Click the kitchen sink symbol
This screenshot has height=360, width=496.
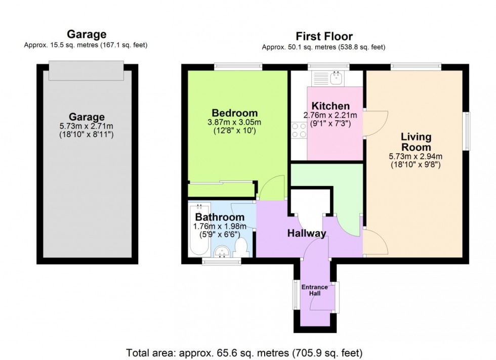(328, 78)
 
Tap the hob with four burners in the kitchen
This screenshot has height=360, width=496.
(298, 130)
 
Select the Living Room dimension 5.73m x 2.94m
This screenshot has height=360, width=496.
(416, 156)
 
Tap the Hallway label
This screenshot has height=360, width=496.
(307, 233)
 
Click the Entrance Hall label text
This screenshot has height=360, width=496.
(314, 291)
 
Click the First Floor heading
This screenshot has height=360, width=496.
(324, 36)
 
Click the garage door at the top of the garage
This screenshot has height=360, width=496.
(86, 71)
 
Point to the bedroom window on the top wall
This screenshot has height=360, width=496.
(237, 66)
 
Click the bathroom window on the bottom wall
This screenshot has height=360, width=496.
(221, 261)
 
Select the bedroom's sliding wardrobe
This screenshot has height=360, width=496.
(221, 190)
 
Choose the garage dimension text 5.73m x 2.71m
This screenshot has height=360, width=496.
(88, 126)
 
